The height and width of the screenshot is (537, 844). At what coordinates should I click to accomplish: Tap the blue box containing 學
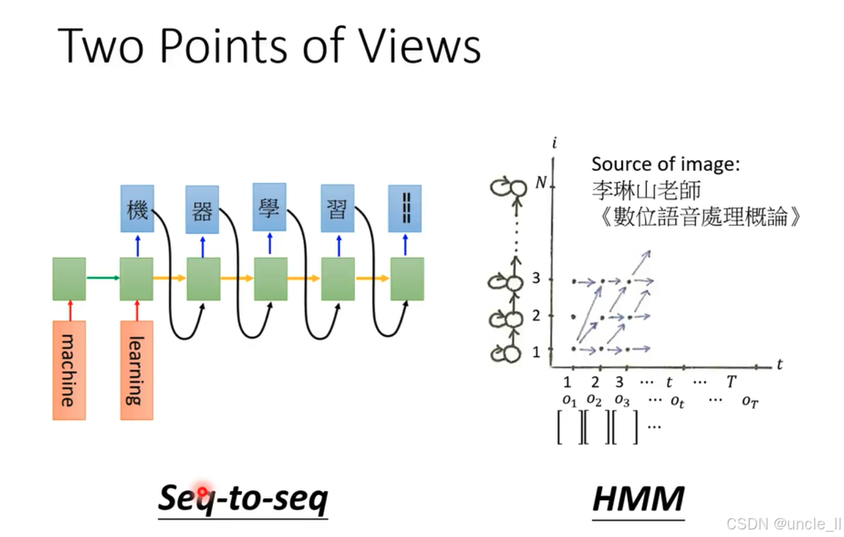click(269, 207)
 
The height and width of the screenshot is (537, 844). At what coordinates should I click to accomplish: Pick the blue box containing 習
click(337, 209)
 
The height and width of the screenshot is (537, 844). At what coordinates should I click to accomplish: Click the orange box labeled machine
click(69, 369)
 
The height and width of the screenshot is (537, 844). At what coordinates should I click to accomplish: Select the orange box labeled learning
click(137, 369)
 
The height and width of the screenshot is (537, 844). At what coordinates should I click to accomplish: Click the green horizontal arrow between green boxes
click(103, 278)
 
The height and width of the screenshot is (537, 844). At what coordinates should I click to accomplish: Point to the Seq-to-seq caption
click(243, 499)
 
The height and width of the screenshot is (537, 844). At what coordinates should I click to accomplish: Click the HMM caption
click(638, 499)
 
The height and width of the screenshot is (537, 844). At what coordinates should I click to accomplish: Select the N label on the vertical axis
click(541, 183)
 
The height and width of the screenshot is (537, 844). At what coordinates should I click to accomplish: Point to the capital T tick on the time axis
click(731, 382)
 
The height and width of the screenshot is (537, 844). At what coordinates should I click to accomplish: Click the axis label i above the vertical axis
click(553, 143)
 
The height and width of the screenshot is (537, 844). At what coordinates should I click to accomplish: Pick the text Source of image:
click(666, 164)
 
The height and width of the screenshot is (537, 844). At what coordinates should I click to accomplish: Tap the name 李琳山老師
click(646, 190)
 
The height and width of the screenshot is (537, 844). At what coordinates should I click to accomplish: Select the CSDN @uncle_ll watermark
click(784, 524)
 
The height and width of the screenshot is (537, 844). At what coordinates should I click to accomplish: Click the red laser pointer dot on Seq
click(202, 492)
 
